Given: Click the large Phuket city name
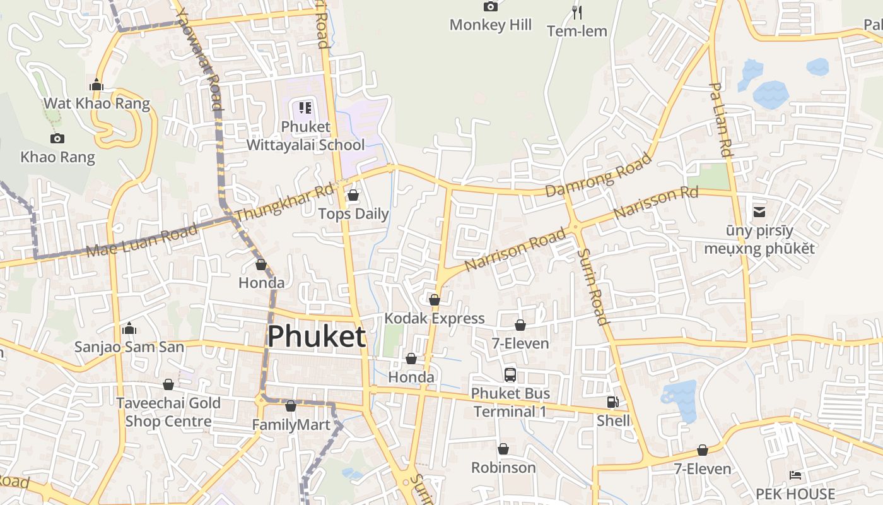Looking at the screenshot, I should click(316, 336).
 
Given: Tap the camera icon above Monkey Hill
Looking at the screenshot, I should click(490, 6).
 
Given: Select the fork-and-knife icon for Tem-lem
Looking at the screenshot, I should click(576, 12).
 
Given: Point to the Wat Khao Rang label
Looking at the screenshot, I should click(96, 104).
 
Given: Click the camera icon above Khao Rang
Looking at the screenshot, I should click(57, 138).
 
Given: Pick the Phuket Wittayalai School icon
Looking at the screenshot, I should click(305, 108).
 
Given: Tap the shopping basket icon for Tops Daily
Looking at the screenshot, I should click(353, 195).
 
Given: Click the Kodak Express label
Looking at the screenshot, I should click(435, 318).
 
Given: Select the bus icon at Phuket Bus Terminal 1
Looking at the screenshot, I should click(510, 374).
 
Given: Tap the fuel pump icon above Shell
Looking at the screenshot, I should click(612, 402).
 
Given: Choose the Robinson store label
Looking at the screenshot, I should click(503, 468).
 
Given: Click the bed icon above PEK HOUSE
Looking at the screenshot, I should click(795, 475).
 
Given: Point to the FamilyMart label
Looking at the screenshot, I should click(291, 425).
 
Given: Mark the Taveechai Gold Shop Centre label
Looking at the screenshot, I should click(168, 412).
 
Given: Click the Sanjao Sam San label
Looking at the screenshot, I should click(129, 347).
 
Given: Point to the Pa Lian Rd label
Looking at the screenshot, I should click(720, 120).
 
